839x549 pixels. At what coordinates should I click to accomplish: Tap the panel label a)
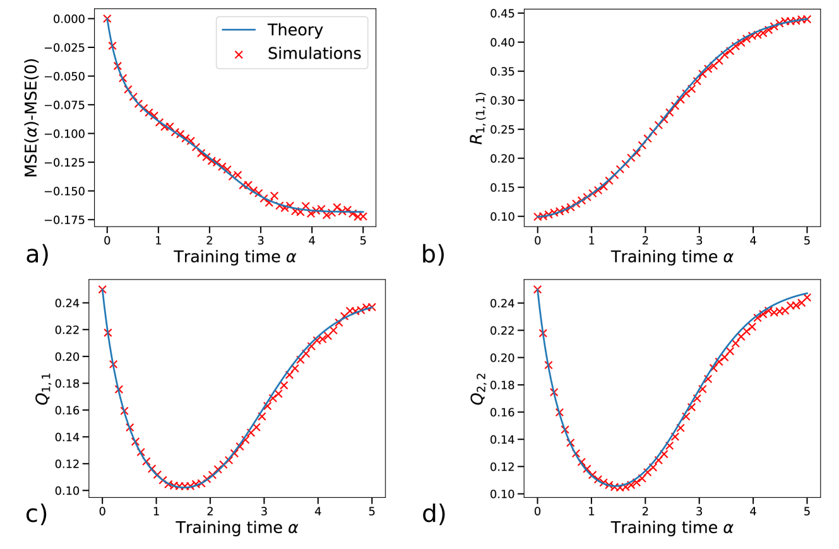click(37, 256)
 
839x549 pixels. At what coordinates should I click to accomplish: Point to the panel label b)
click(433, 256)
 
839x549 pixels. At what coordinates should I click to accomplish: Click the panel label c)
click(37, 516)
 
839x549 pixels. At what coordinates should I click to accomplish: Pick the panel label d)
click(433, 516)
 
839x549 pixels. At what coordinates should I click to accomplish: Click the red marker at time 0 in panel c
click(102, 290)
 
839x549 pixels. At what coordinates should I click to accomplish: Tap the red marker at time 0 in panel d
click(537, 290)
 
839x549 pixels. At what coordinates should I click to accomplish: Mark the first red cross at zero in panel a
click(107, 19)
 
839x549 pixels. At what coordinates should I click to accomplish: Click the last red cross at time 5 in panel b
click(807, 20)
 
